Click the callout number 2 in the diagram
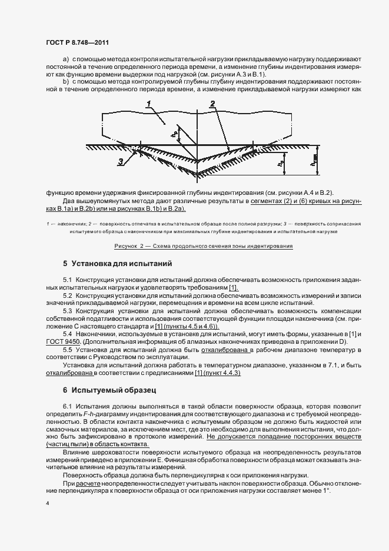212,104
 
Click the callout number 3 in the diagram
120,161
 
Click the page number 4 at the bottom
47,504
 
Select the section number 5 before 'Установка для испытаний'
65,263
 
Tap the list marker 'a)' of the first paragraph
65,60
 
